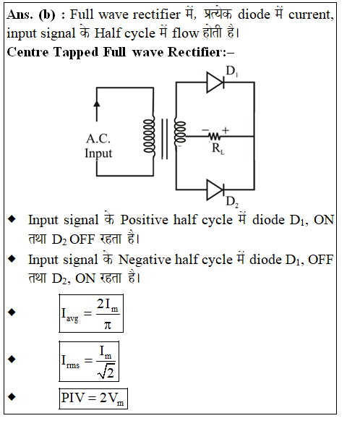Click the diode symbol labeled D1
tap(215, 82)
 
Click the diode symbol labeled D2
tap(215, 190)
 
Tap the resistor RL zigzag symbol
tap(215, 136)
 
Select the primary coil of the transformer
tap(149, 136)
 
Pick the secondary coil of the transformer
tap(180, 133)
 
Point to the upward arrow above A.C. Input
tap(97, 111)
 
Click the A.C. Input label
tap(98, 146)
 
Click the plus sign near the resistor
tap(226, 130)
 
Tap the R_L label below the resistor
tap(218, 148)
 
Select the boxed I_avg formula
tap(91, 313)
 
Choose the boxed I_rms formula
tap(89, 361)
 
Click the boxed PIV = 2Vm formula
tap(93, 399)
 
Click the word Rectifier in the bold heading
tap(197, 52)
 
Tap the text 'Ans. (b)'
tap(31, 14)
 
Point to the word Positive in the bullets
tap(145, 220)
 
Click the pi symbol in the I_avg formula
tap(108, 324)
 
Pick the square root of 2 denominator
tap(106, 373)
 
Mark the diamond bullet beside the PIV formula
tap(12, 396)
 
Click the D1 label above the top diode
tap(232, 71)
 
